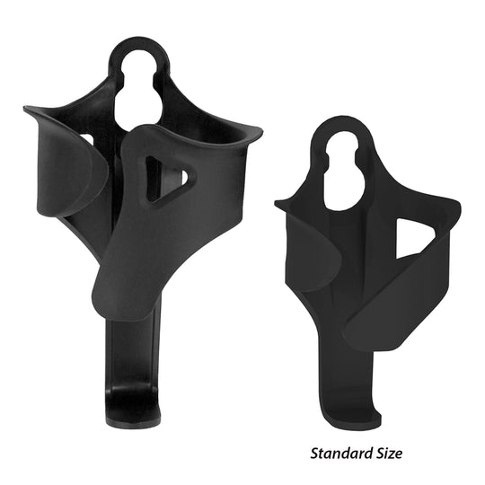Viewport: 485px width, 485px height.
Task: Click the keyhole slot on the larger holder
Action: point(140,90)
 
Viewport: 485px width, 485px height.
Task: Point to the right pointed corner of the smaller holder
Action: point(455,211)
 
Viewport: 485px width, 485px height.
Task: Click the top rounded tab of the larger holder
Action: point(140,49)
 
